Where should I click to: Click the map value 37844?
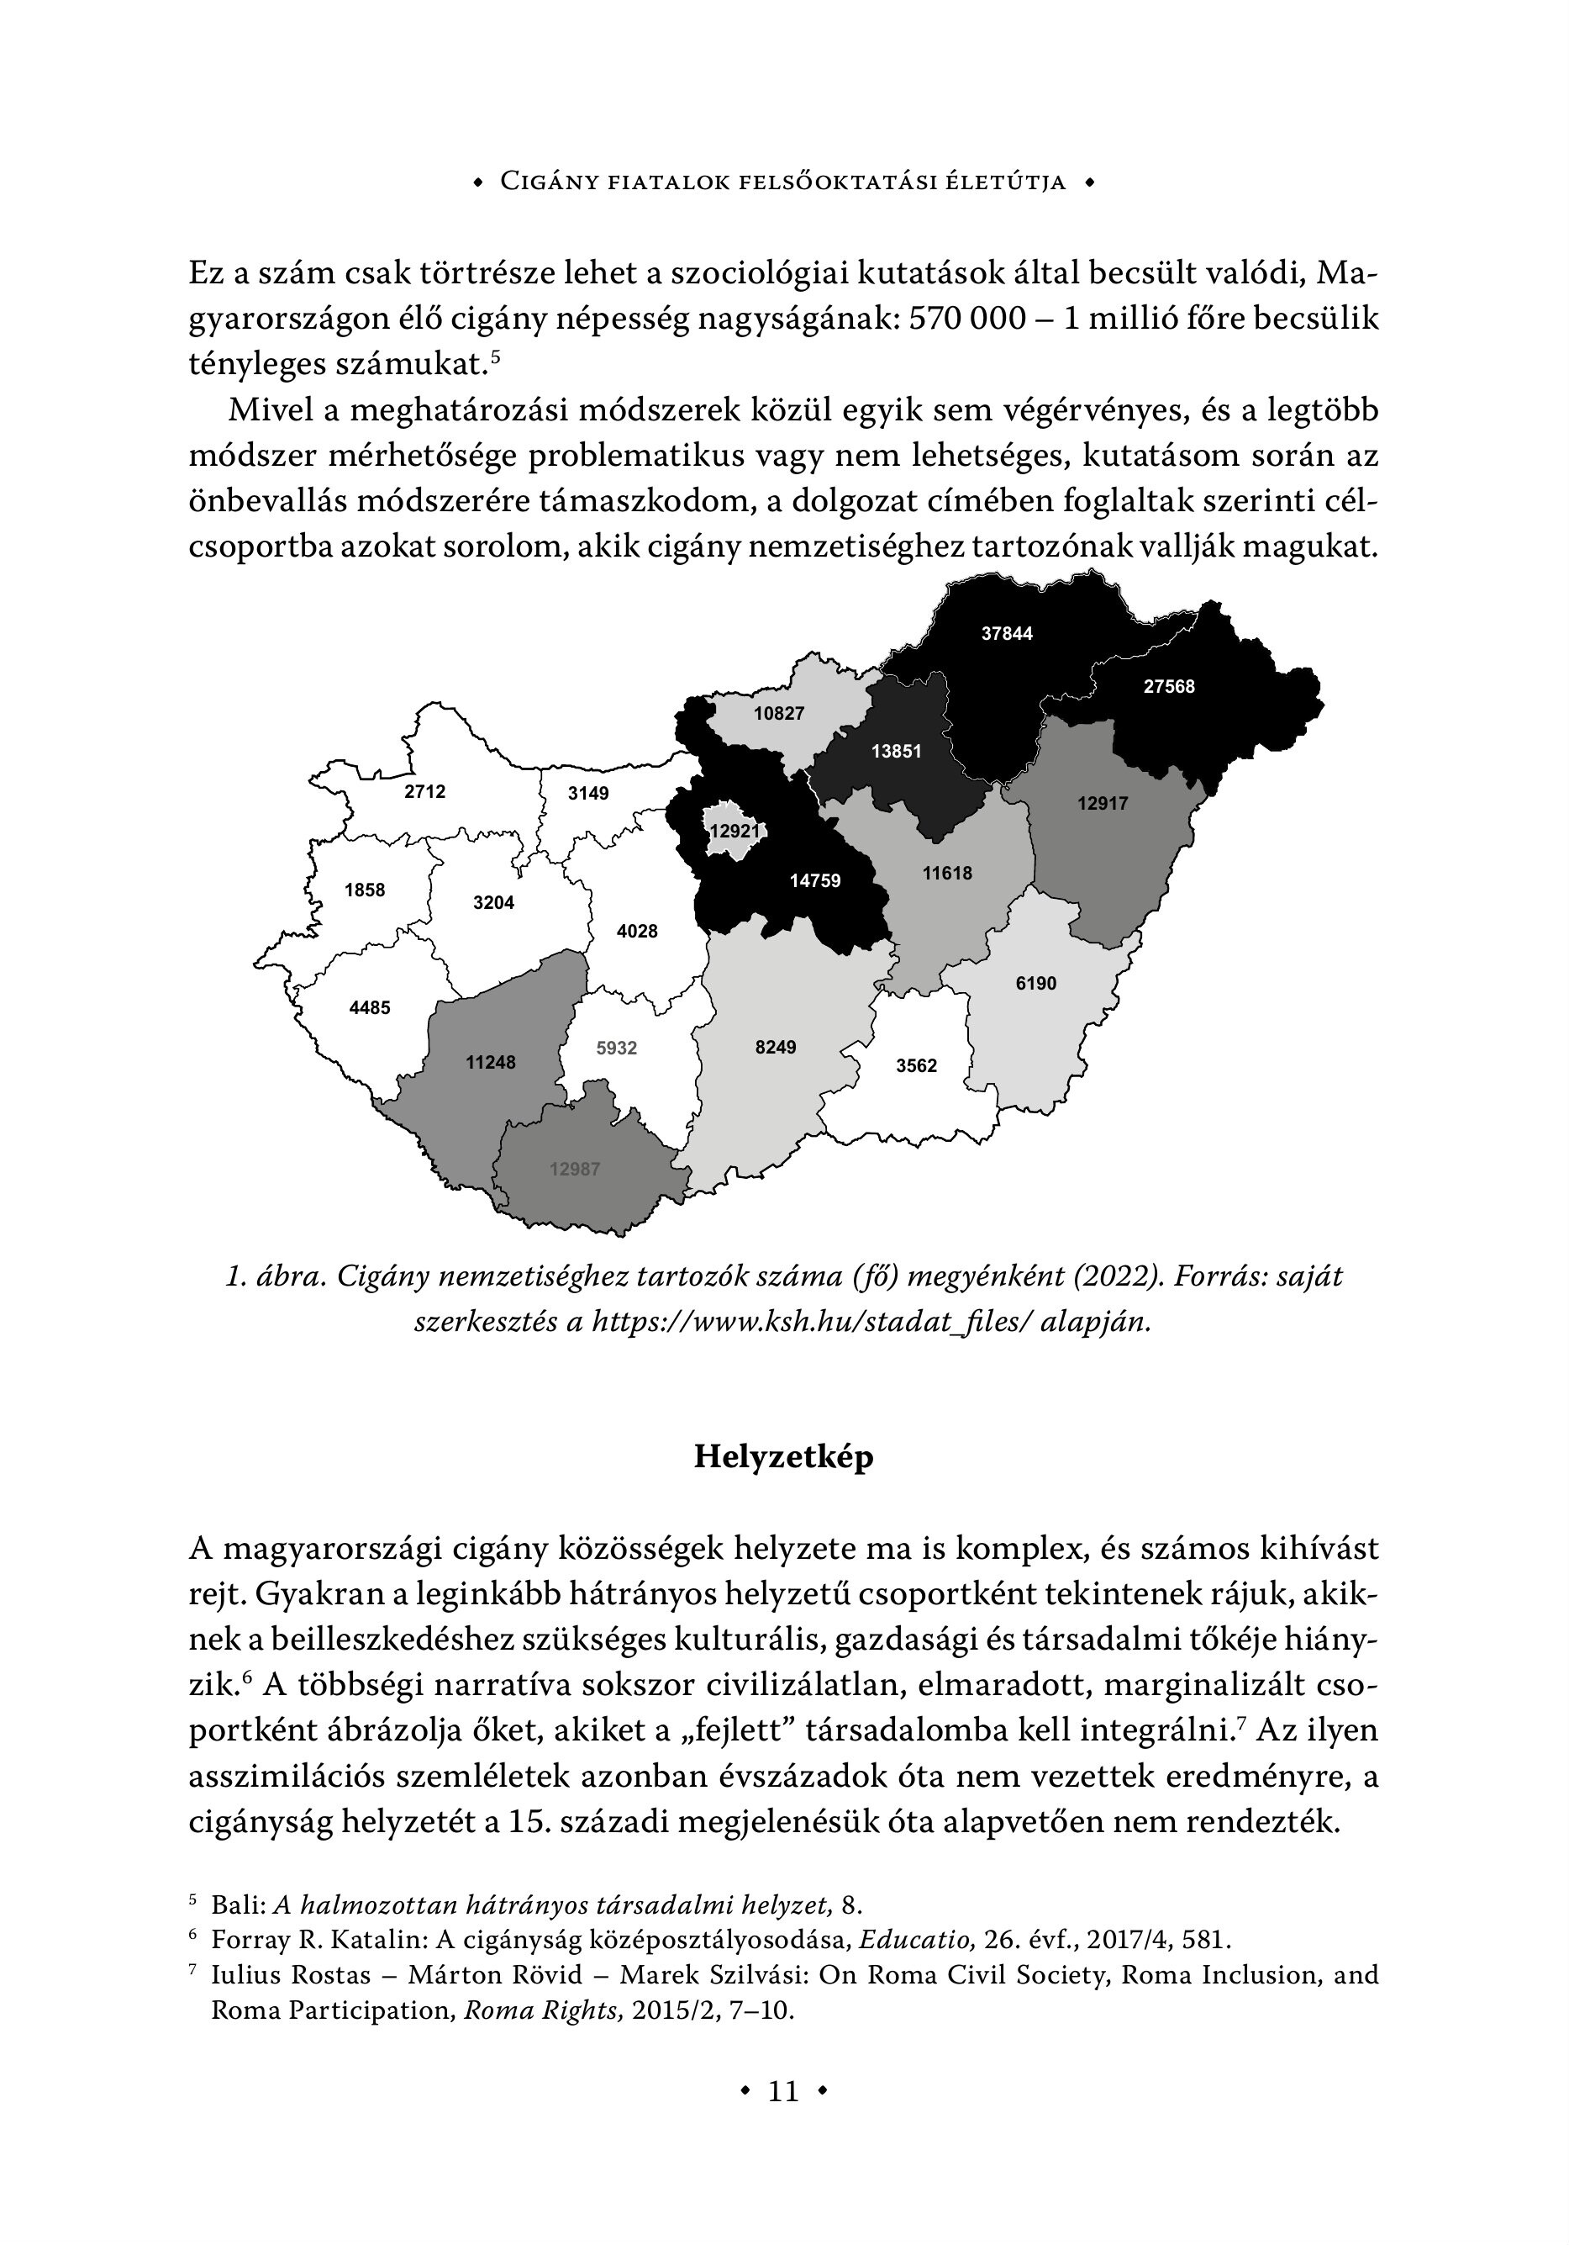[x=1006, y=634]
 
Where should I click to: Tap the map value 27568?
[x=1168, y=686]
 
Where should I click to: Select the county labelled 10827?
[x=778, y=714]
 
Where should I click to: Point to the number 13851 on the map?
[x=896, y=751]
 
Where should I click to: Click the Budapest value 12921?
[x=734, y=831]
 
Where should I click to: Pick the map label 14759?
[x=814, y=881]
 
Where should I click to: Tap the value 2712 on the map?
[x=424, y=791]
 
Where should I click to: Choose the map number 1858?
[x=365, y=890]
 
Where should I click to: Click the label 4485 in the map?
[x=370, y=1007]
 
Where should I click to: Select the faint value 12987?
[x=574, y=1170]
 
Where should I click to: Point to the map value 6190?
[x=1035, y=984]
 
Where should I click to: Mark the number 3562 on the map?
[x=916, y=1066]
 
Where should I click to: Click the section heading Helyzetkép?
[x=783, y=1457]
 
